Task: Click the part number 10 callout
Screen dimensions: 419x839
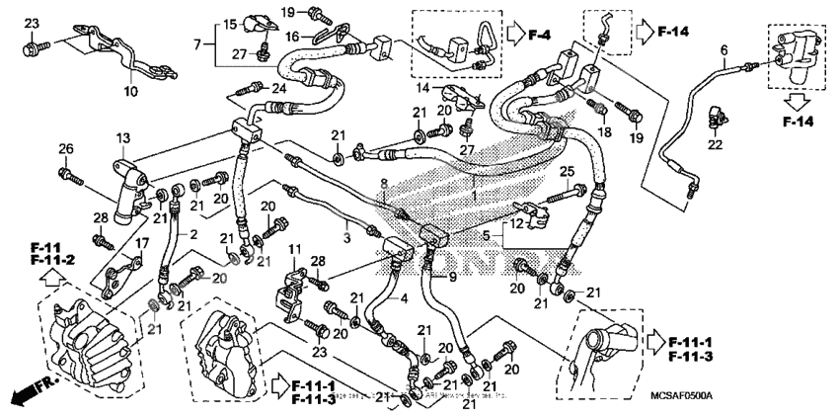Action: pos(129,92)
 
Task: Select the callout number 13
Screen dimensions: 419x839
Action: pos(122,137)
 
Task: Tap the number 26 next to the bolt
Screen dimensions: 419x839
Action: pos(66,149)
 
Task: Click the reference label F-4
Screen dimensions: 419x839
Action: pos(538,36)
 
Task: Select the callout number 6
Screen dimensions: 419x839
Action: pos(724,49)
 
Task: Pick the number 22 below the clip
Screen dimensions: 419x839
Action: pos(715,144)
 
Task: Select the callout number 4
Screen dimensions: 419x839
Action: pos(402,297)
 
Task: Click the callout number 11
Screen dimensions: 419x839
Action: pos(293,246)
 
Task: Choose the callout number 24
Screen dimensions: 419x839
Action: pos(279,89)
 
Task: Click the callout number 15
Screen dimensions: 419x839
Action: pos(229,24)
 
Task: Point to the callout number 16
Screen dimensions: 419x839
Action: pos(292,36)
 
